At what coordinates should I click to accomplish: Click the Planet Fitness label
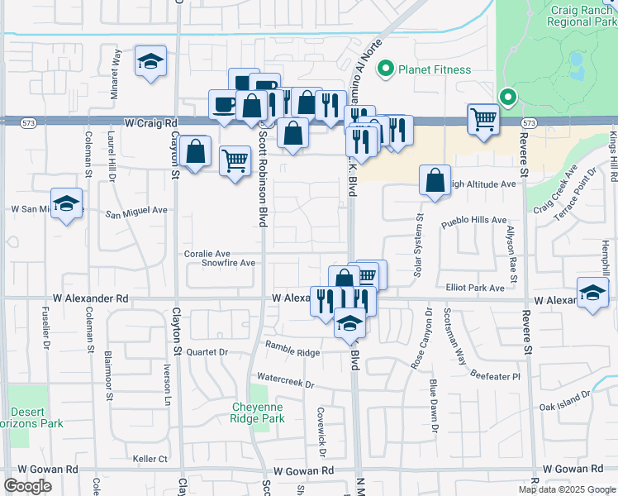435,70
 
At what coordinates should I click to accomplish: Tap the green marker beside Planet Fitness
384,69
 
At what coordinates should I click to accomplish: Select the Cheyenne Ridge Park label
268,413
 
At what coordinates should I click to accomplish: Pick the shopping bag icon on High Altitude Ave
435,179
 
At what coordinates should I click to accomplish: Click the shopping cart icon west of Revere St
483,118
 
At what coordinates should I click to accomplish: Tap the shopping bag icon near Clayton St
195,151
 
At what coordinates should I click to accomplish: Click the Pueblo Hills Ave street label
474,221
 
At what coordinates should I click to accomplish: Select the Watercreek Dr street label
286,384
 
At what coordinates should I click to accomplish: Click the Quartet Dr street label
207,351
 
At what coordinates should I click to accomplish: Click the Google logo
27,486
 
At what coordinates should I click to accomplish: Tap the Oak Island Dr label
566,406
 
